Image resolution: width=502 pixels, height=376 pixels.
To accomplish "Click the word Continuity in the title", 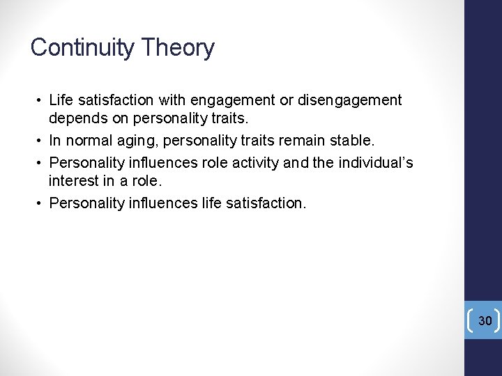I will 83,47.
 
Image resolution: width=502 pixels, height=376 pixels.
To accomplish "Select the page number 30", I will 485,320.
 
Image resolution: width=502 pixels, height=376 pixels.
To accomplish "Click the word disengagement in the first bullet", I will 349,100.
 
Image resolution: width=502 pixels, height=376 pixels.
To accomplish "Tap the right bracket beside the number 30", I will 497,320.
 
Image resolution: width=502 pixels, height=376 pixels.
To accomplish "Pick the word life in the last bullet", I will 213,203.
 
